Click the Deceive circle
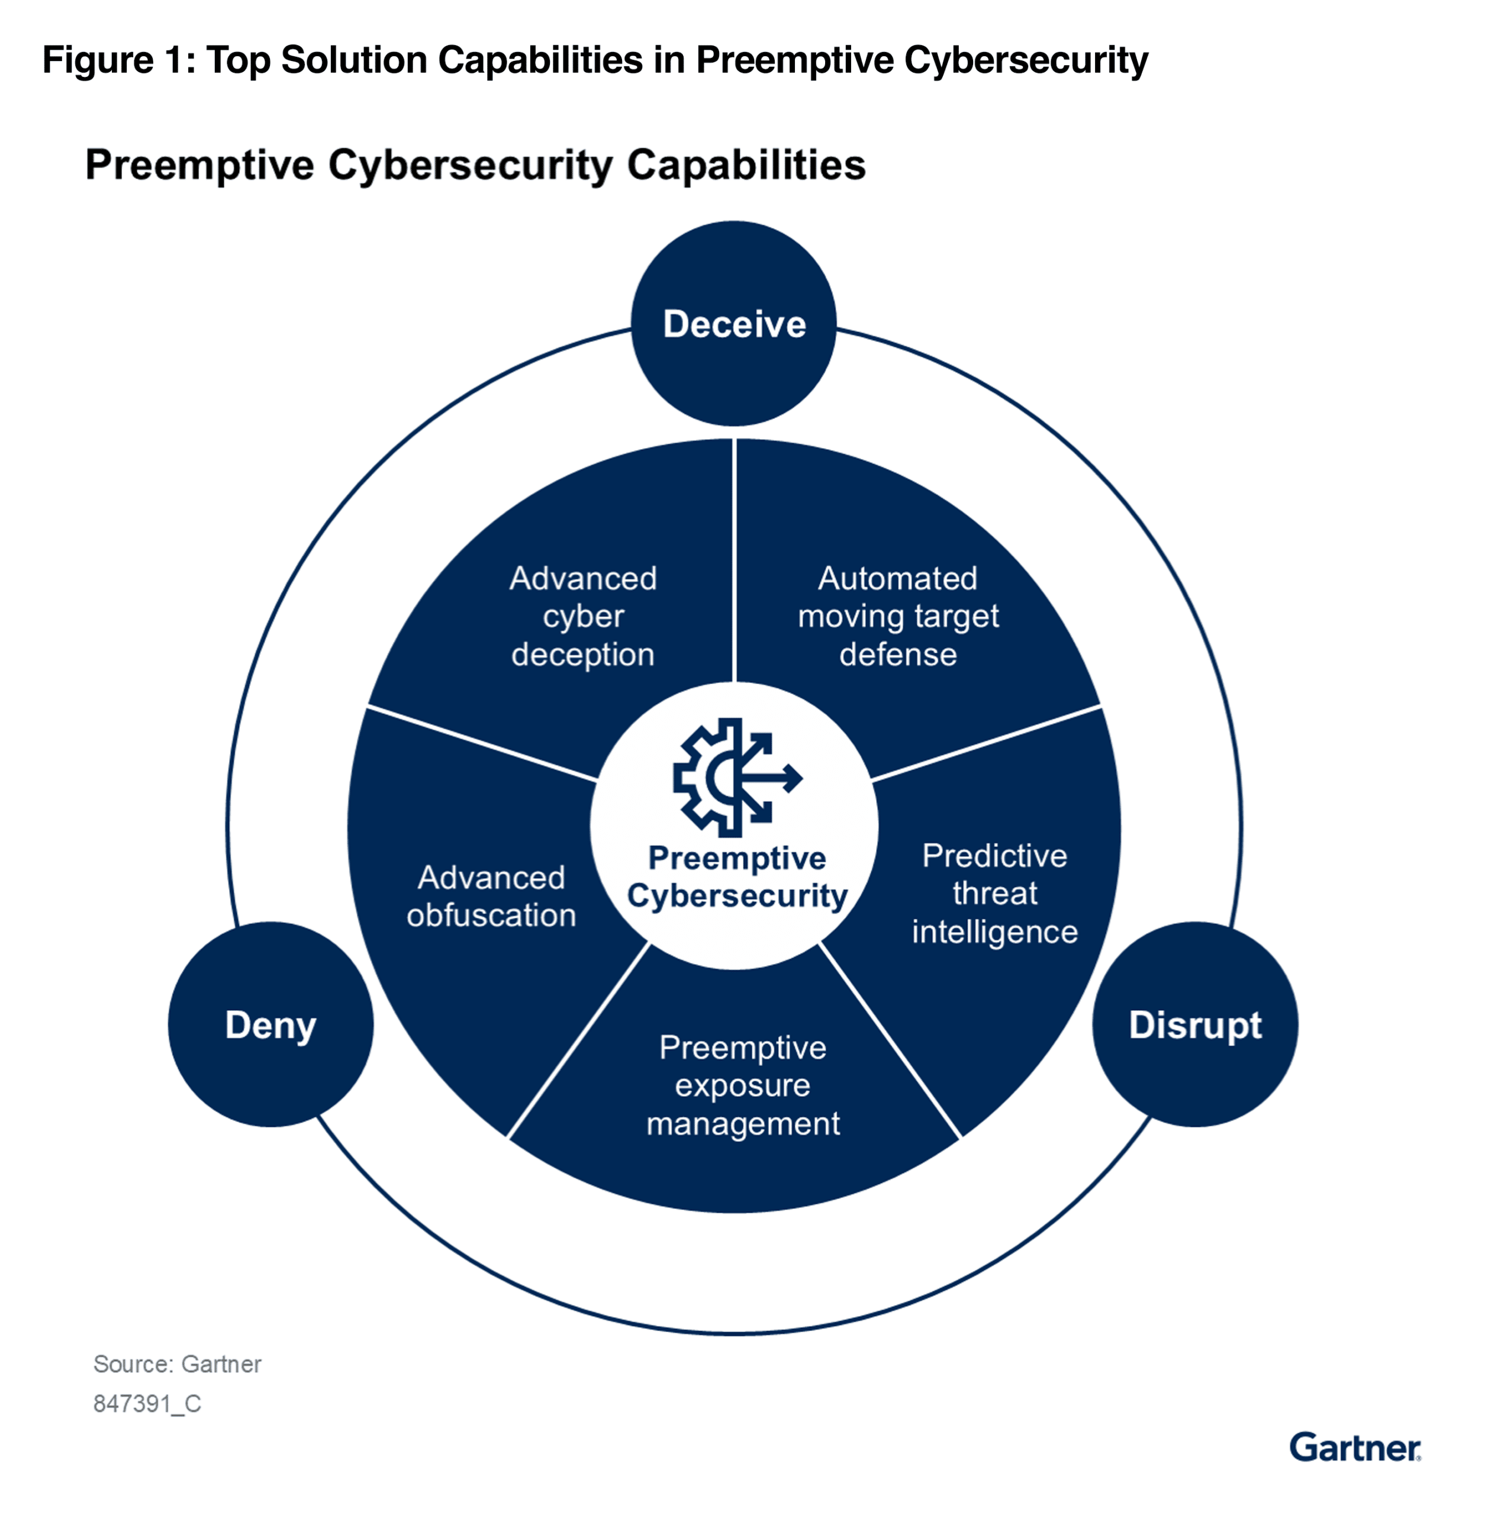(733, 324)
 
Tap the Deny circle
(270, 1024)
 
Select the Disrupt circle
(1194, 1024)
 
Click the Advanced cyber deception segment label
(583, 617)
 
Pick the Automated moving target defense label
(898, 617)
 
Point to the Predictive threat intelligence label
(994, 893)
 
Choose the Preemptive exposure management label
(742, 1085)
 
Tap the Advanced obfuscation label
(491, 896)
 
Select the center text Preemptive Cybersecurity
(736, 876)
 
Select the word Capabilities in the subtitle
(746, 165)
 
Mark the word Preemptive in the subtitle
(200, 165)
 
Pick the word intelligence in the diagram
(994, 931)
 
